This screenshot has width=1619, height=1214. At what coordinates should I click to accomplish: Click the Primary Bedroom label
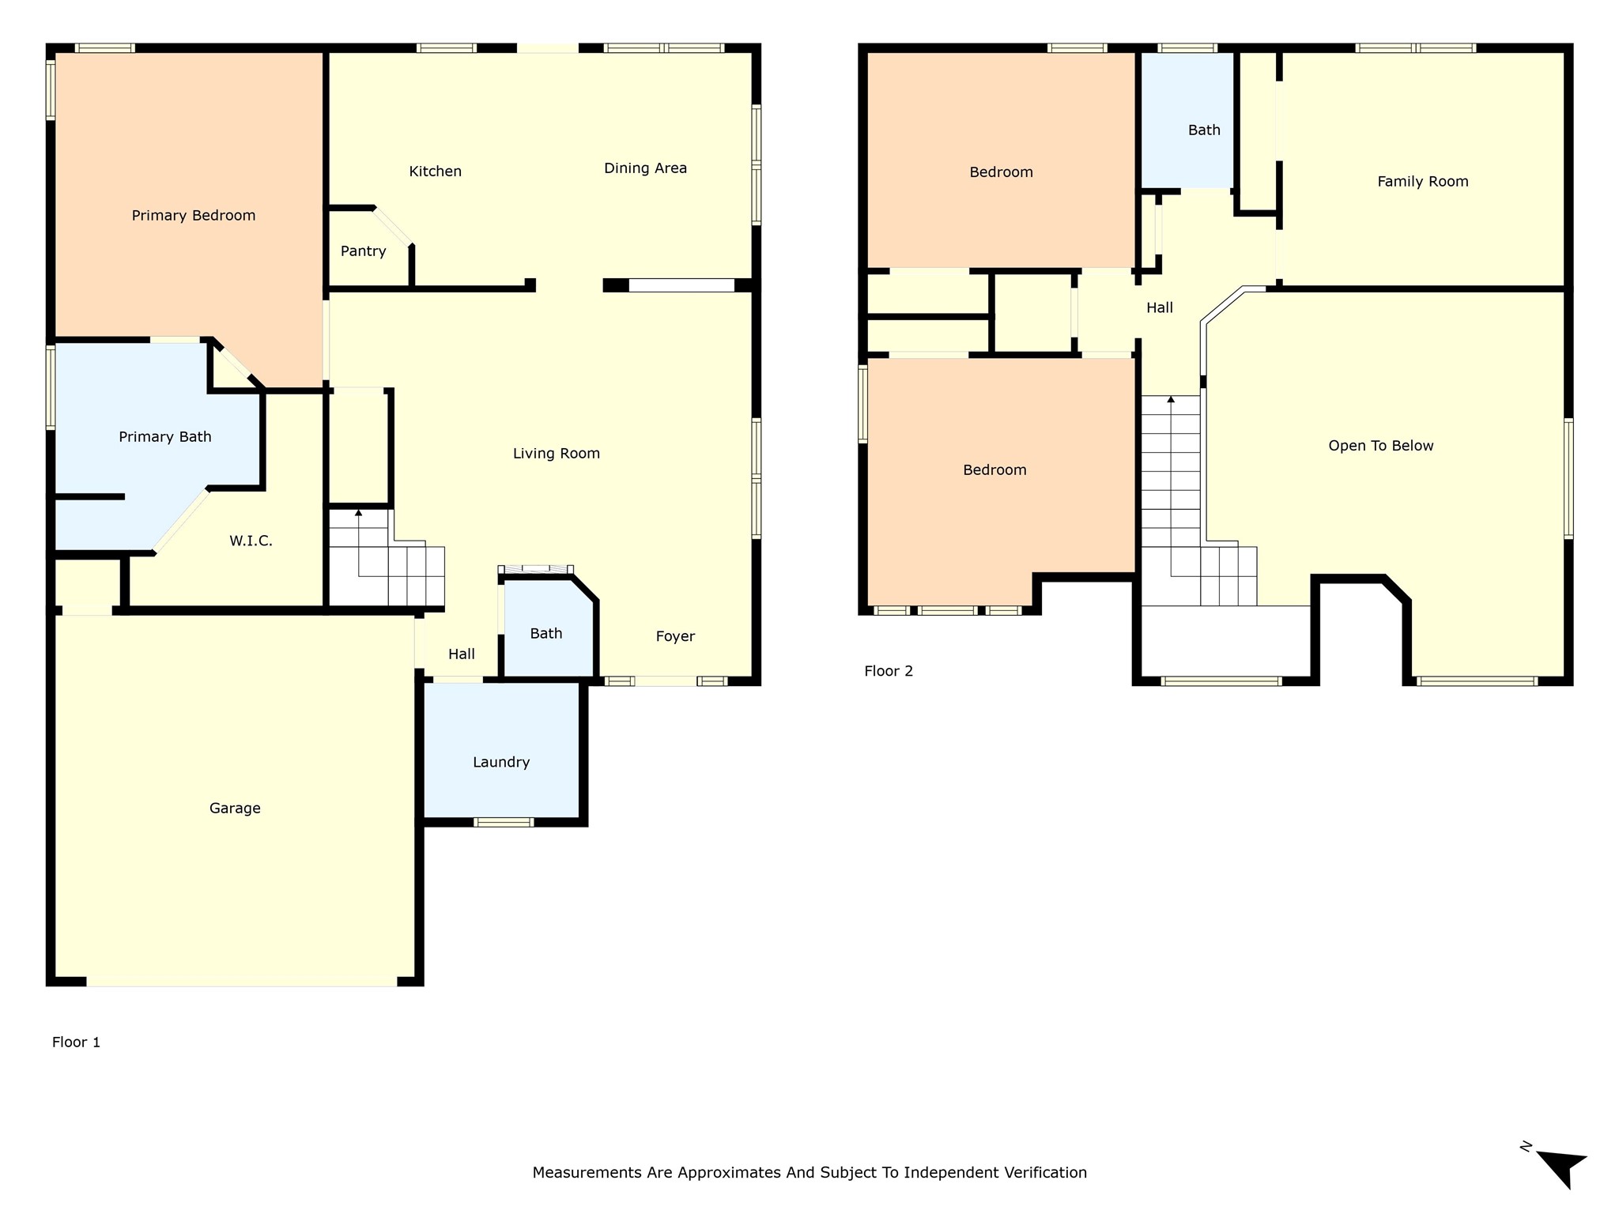tap(194, 216)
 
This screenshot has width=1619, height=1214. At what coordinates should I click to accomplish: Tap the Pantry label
tap(363, 251)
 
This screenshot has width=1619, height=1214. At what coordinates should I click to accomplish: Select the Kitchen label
tap(435, 172)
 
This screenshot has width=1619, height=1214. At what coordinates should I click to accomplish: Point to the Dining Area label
tap(645, 168)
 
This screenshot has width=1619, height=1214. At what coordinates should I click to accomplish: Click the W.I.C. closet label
tap(251, 541)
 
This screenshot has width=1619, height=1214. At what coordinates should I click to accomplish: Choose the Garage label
tap(235, 809)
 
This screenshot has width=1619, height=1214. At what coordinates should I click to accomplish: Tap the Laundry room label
tap(501, 763)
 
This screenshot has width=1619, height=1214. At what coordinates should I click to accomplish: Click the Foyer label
tap(675, 636)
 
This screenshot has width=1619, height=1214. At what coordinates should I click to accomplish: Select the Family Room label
tap(1423, 182)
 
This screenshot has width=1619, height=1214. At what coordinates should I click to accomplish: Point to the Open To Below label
tap(1380, 446)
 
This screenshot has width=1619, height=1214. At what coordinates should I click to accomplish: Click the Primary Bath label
tap(165, 437)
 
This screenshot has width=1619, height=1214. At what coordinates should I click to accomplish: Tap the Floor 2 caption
tap(889, 671)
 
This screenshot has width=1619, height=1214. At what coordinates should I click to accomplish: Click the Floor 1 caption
tap(76, 1042)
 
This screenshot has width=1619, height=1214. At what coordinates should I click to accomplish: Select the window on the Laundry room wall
tap(504, 822)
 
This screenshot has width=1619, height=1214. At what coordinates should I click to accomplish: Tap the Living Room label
tap(557, 454)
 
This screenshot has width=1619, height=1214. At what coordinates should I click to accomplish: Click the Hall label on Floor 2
tap(1160, 308)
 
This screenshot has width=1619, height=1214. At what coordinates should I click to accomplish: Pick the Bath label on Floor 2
tap(1204, 130)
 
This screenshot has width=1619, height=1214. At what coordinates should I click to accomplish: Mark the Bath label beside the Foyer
tap(546, 634)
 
